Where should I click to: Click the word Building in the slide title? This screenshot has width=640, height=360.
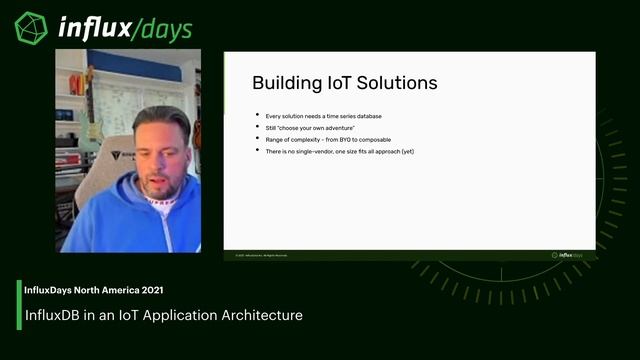click(284, 82)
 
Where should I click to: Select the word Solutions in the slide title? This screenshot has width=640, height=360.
click(400, 82)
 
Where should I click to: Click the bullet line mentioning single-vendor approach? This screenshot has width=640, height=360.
click(339, 151)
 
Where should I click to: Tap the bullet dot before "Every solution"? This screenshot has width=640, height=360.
click(257, 117)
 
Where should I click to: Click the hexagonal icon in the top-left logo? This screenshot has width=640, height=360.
click(31, 27)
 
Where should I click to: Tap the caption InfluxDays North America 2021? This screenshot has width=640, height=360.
click(94, 290)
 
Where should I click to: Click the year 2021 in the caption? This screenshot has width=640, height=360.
click(150, 290)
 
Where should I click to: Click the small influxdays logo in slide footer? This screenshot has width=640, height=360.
click(567, 255)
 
